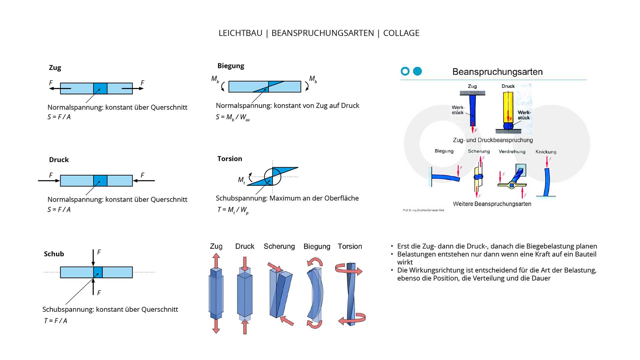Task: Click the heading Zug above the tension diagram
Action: (x=55, y=68)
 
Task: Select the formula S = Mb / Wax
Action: (x=233, y=117)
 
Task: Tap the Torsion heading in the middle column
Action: (x=230, y=159)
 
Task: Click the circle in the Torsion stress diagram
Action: (x=273, y=177)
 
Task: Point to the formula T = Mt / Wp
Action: (x=233, y=210)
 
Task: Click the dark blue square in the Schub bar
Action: (x=98, y=272)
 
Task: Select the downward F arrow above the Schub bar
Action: (x=93, y=257)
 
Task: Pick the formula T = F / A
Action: (x=56, y=321)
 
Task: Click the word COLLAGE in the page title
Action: (x=401, y=33)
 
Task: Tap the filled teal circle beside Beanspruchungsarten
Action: (x=417, y=71)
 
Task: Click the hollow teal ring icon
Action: (x=405, y=71)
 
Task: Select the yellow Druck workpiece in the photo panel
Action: (x=508, y=107)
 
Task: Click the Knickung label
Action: (x=546, y=152)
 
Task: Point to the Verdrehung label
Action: (x=512, y=151)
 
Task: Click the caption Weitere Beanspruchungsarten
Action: (x=492, y=204)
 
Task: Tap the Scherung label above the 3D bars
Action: (x=279, y=246)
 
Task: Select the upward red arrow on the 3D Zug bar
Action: (x=216, y=260)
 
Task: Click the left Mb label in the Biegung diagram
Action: (x=215, y=79)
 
